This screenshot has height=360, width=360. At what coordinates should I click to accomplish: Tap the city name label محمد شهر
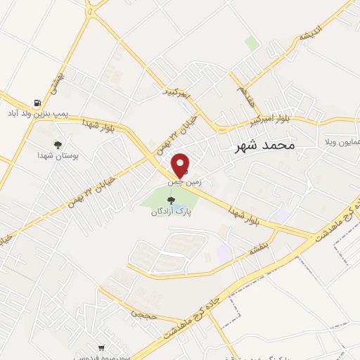264,146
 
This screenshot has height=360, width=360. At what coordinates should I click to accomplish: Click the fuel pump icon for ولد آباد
37,103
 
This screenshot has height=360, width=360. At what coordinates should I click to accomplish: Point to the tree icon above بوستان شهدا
48,144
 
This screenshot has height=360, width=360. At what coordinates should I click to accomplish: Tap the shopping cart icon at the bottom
102,347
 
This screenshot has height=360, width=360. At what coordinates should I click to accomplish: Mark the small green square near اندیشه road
252,43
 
